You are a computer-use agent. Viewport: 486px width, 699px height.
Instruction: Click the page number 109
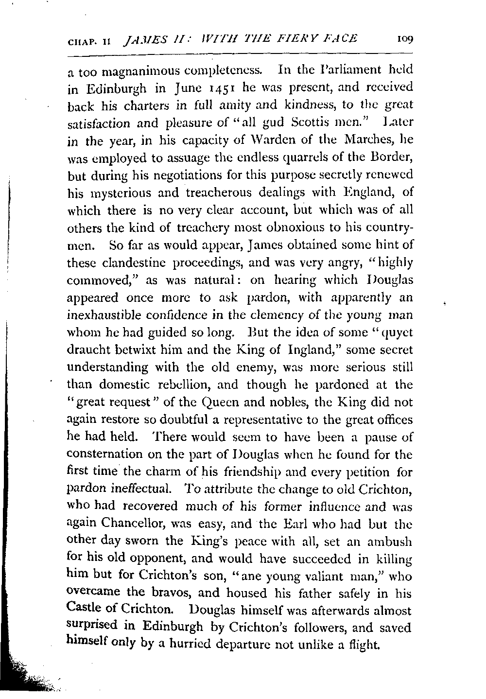pyautogui.click(x=404, y=38)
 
